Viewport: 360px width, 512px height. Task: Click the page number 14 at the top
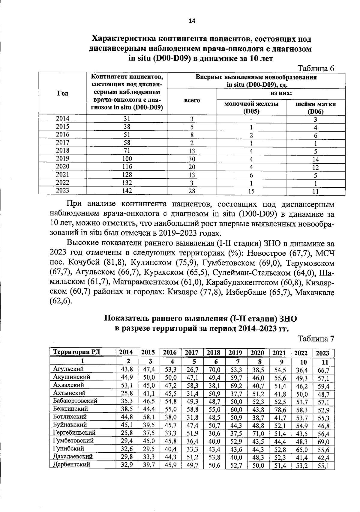192,20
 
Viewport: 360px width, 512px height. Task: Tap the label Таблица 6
315,68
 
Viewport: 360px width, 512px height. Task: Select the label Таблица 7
316,339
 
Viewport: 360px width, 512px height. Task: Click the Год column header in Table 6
62,93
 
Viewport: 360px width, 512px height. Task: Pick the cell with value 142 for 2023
127,190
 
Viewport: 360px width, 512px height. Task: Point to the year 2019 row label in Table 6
62,158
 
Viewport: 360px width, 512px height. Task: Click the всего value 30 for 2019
192,159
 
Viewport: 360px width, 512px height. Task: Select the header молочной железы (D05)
251,107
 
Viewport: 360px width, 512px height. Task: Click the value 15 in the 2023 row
251,191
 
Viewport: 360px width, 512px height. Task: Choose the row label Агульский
68,369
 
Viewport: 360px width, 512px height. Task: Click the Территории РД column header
76,352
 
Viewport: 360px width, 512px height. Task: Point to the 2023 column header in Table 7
323,353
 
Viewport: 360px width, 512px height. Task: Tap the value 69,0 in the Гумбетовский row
323,442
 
